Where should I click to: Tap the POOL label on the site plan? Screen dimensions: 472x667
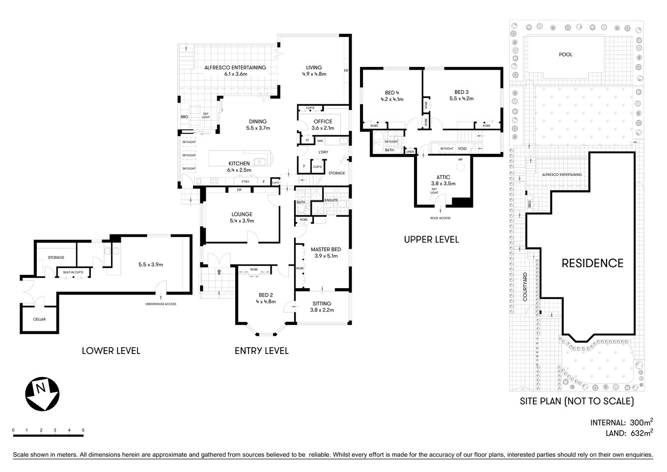[x=565, y=55]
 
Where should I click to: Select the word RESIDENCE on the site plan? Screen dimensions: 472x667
[x=592, y=263]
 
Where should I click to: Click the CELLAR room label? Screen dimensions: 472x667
[x=39, y=319]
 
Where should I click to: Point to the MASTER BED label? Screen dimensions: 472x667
[x=326, y=249]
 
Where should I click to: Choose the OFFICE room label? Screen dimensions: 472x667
[x=323, y=121]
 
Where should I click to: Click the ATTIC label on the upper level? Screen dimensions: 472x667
[x=443, y=177]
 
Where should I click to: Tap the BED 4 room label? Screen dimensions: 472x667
[x=391, y=92]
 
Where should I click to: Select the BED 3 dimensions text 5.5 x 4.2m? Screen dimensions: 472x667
[x=461, y=99]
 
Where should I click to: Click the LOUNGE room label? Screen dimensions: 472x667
[x=242, y=214]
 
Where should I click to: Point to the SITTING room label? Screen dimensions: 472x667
[x=322, y=303]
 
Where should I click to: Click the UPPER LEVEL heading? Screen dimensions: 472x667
[x=431, y=239]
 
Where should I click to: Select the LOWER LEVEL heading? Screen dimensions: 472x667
[x=111, y=351]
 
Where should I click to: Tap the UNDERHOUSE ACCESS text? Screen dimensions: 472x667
[x=161, y=304]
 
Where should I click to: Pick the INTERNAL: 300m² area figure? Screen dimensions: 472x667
[x=621, y=422]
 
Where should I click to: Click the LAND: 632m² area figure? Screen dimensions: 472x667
[x=628, y=433]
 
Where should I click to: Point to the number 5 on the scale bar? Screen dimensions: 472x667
[x=83, y=430]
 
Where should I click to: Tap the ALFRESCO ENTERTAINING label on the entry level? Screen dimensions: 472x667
[x=235, y=67]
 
